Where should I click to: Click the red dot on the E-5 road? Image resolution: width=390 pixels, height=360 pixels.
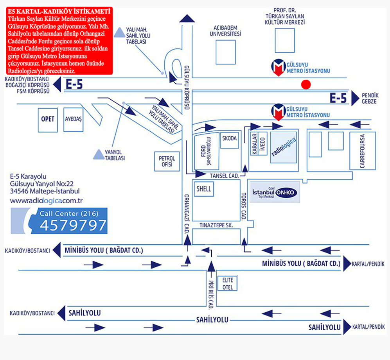306,84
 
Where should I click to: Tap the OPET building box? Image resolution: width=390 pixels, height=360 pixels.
48,120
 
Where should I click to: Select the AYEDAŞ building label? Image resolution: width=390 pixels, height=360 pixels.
74,119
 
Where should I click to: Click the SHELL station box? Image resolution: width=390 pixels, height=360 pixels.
204,189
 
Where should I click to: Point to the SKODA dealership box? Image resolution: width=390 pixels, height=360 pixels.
229,140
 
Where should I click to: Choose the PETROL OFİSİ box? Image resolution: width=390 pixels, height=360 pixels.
167,161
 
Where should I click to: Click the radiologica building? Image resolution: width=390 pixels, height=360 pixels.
284,147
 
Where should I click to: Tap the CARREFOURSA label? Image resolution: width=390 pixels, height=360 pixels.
362,151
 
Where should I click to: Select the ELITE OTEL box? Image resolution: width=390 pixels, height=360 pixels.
227,283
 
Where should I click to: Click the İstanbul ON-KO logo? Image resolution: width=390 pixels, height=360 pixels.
275,193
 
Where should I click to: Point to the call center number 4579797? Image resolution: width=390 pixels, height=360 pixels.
73,225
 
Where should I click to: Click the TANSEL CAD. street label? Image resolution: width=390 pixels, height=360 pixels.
225,176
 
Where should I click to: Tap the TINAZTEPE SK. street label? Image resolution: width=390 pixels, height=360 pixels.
216,225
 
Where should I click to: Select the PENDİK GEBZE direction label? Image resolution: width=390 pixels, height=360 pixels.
370,99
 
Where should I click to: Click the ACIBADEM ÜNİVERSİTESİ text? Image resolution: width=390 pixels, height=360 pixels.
225,31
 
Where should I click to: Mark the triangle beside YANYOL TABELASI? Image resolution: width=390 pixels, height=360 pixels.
99,154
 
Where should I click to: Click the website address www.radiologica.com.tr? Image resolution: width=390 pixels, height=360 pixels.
46,201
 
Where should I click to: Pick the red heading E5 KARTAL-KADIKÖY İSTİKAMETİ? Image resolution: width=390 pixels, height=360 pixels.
59,11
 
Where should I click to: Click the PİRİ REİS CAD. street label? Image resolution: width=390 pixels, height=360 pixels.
211,295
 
